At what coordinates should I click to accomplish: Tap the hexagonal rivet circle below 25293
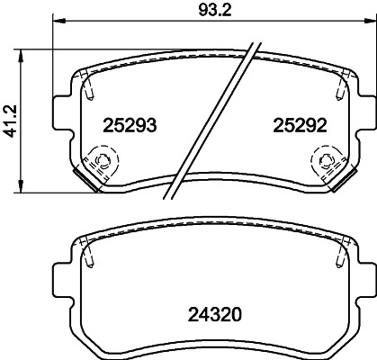101,163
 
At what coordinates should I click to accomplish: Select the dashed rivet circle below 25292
323,162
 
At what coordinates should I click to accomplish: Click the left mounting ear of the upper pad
62,114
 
